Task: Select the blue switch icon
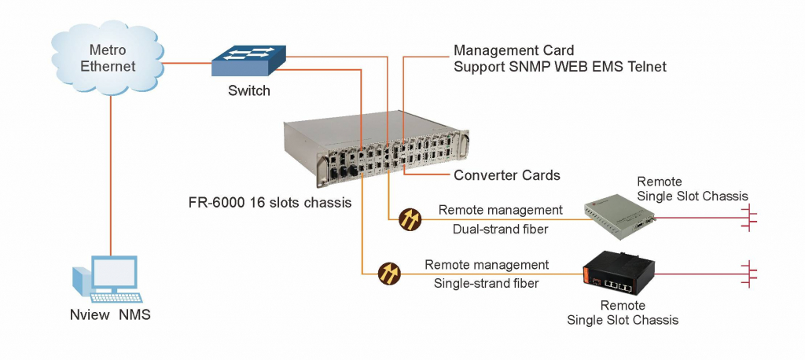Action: click(x=248, y=61)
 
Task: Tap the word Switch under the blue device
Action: click(x=249, y=91)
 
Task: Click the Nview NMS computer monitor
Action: click(x=114, y=274)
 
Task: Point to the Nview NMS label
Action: click(x=110, y=314)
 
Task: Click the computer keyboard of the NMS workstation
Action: click(x=116, y=298)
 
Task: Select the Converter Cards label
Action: click(x=507, y=175)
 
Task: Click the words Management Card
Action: click(x=514, y=50)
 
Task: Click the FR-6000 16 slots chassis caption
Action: click(x=270, y=202)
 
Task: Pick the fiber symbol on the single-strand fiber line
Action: click(x=389, y=274)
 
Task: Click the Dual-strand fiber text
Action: click(x=501, y=229)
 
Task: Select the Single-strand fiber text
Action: click(x=486, y=283)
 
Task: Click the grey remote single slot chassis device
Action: click(x=622, y=215)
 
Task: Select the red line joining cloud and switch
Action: click(x=188, y=64)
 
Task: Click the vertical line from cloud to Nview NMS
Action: click(x=110, y=175)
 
